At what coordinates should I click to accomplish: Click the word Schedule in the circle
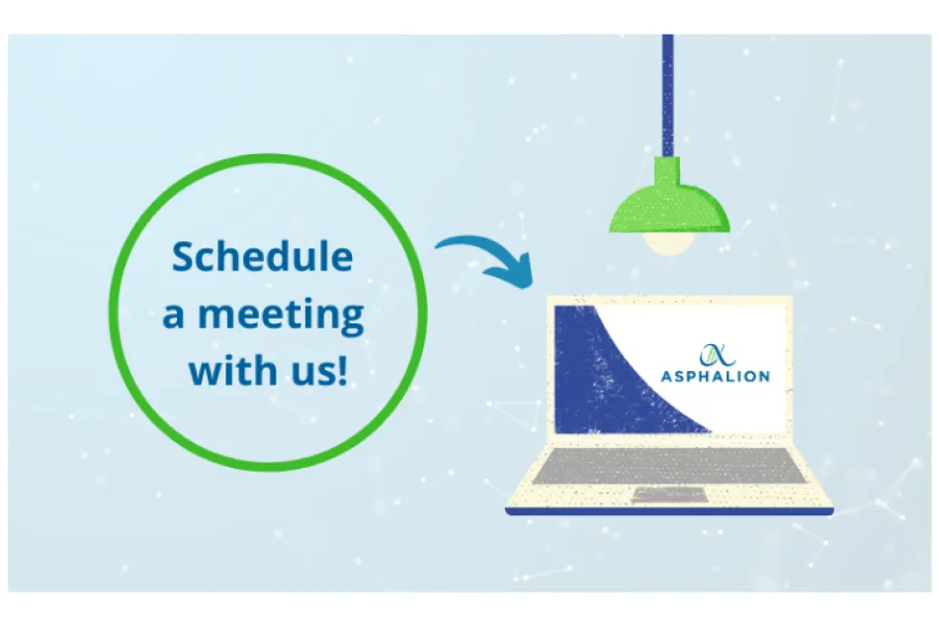coord(262,257)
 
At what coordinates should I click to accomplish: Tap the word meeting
coord(281,315)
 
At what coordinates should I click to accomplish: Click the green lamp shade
coord(670,210)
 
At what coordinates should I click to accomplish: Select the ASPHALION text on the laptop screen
coord(715,376)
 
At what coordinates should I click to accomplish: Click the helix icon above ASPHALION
coord(714,352)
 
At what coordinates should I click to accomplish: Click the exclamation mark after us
coord(343,370)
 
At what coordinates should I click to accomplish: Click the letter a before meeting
coord(174,316)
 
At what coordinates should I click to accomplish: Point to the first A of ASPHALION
coord(666,376)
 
